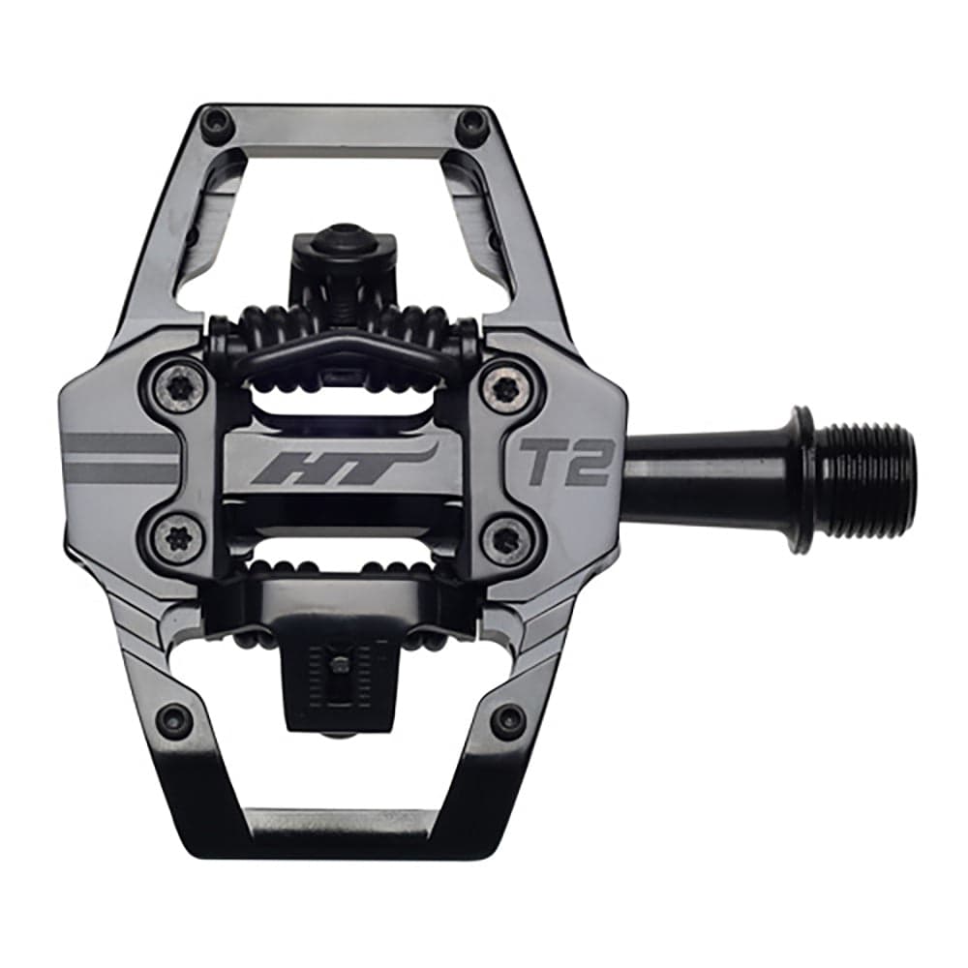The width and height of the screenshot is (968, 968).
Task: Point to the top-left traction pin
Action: (x=215, y=123)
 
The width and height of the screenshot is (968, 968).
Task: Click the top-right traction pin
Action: (x=472, y=123)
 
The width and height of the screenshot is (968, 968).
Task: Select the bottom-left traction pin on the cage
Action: (x=175, y=718)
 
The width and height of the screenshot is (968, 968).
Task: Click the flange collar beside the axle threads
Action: (x=802, y=478)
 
